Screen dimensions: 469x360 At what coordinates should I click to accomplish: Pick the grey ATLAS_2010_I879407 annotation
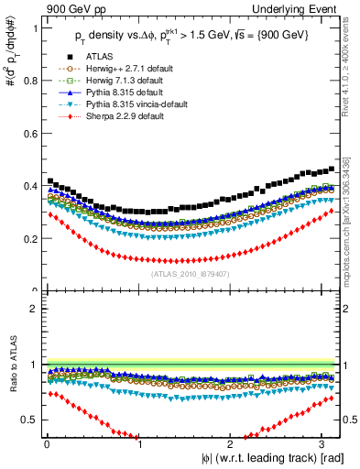pyautogui.click(x=191, y=272)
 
